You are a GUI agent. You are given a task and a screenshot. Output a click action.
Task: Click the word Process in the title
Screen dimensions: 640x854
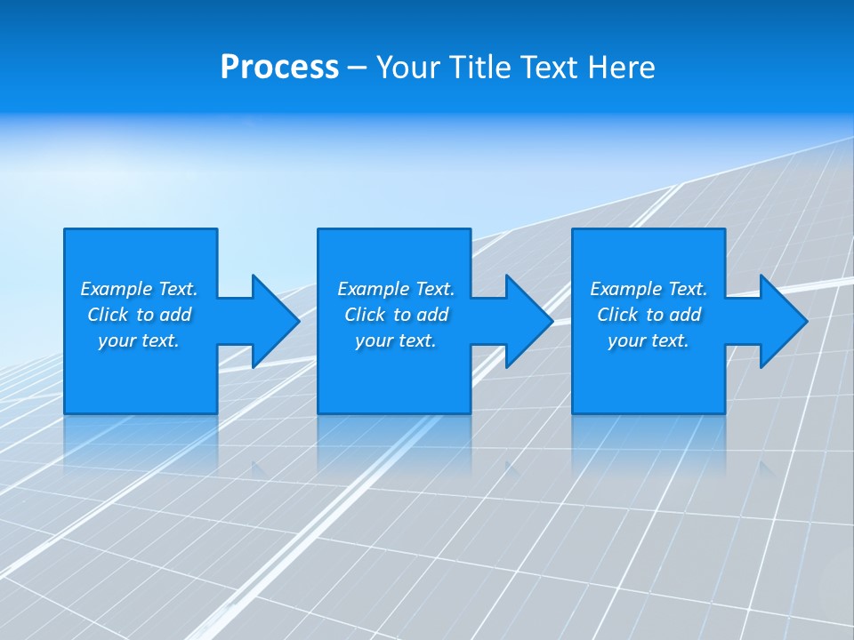coord(279,68)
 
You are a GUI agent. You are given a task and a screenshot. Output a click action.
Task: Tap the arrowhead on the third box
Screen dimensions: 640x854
coord(782,321)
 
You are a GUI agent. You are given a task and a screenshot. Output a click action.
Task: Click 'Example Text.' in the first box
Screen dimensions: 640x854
coord(139,289)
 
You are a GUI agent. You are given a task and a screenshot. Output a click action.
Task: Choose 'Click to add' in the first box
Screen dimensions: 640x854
coord(139,315)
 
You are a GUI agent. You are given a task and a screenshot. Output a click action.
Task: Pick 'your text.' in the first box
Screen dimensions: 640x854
coord(139,340)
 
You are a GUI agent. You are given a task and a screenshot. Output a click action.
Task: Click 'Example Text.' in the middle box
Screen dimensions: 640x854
coord(396,289)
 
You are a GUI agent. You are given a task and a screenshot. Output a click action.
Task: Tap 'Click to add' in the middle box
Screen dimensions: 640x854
coord(396,315)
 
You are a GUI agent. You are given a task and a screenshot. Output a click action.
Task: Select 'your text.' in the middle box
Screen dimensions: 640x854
coord(396,340)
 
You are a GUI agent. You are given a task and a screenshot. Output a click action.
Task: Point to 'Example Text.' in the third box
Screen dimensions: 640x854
coord(649,289)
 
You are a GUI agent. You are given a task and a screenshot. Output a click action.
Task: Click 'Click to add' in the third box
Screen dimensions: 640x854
coord(649,315)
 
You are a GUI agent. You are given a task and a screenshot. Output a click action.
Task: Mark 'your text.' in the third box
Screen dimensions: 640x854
coord(649,340)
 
